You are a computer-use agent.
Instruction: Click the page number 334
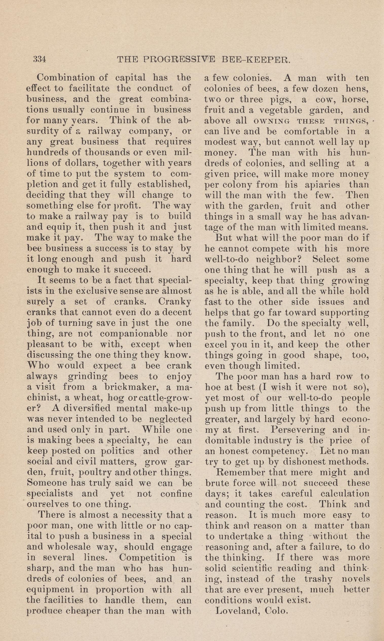tap(40, 60)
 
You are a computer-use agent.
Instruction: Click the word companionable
tap(134, 334)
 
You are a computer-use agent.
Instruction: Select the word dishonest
tap(296, 462)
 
